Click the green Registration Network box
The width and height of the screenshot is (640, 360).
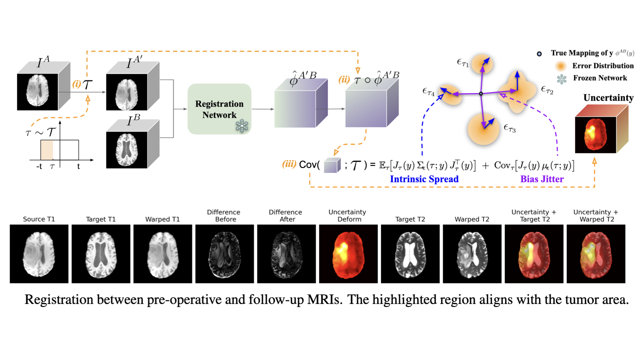coord(219,109)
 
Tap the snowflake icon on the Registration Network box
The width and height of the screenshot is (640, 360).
coord(242,126)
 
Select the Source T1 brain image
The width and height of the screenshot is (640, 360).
coord(39,254)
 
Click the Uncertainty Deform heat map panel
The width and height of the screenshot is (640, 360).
coord(348,254)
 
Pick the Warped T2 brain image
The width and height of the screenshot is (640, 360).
coord(472,254)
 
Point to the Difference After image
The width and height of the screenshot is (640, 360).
coord(286,254)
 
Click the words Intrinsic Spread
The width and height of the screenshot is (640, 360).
coord(424,179)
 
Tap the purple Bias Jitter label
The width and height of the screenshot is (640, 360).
coord(542,179)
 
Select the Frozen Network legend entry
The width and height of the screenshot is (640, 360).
coord(600,78)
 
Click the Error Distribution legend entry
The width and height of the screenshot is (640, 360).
coord(603,66)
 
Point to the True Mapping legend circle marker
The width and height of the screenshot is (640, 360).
coord(539,54)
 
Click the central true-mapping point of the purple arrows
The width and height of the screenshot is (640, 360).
coord(481,94)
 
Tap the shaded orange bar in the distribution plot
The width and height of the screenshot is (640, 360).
coord(47,150)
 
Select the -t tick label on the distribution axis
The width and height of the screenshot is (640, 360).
coord(39,166)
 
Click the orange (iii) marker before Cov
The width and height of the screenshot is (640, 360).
coord(289,164)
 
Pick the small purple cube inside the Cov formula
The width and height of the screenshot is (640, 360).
coord(332,165)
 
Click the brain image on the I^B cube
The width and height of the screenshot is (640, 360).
coord(127,150)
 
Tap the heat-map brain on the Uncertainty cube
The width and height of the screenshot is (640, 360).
coord(595,135)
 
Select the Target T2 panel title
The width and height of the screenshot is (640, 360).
coord(410,219)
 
